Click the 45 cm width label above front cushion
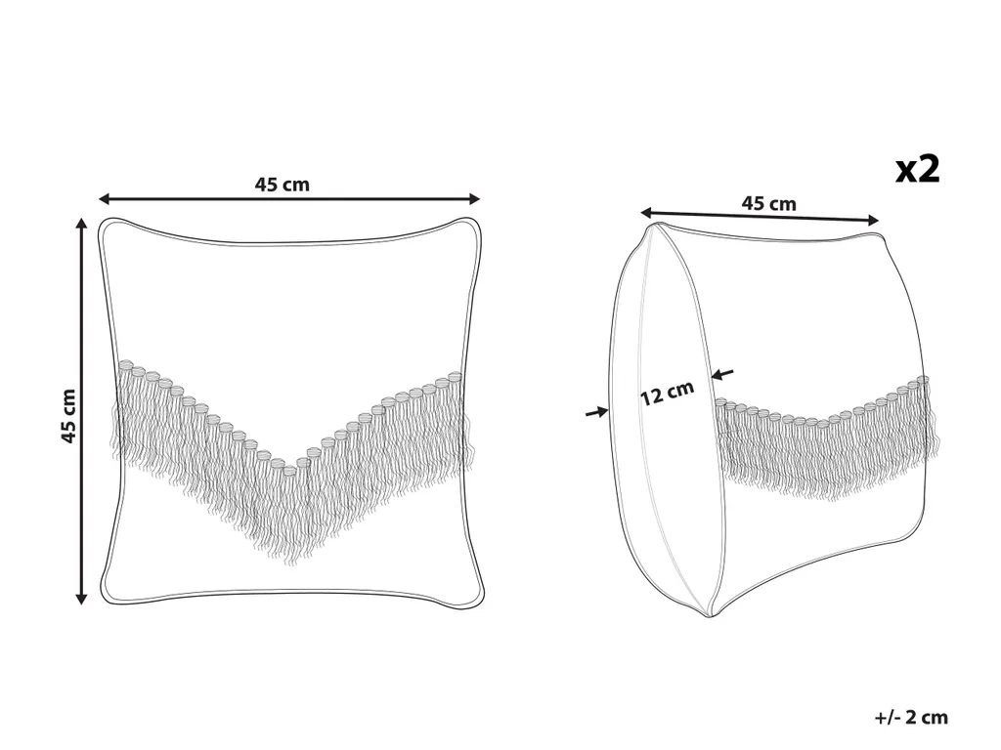click(x=283, y=185)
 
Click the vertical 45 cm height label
click(x=68, y=416)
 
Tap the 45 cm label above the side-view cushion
click(x=768, y=203)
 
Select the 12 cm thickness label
click(x=667, y=393)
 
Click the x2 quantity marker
click(x=917, y=170)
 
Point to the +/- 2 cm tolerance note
click(x=912, y=718)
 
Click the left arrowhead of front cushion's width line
click(x=104, y=199)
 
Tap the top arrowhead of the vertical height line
click(x=81, y=223)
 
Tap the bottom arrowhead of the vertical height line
click(x=81, y=599)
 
